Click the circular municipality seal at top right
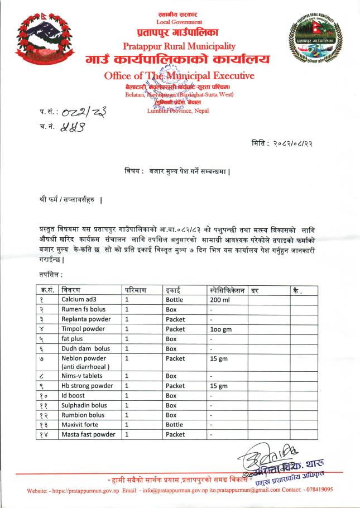pyautogui.click(x=314, y=40)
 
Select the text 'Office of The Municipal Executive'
pyautogui.click(x=179, y=75)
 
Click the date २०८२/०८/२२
pyautogui.click(x=304, y=143)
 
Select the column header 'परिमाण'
pyautogui.click(x=137, y=290)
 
